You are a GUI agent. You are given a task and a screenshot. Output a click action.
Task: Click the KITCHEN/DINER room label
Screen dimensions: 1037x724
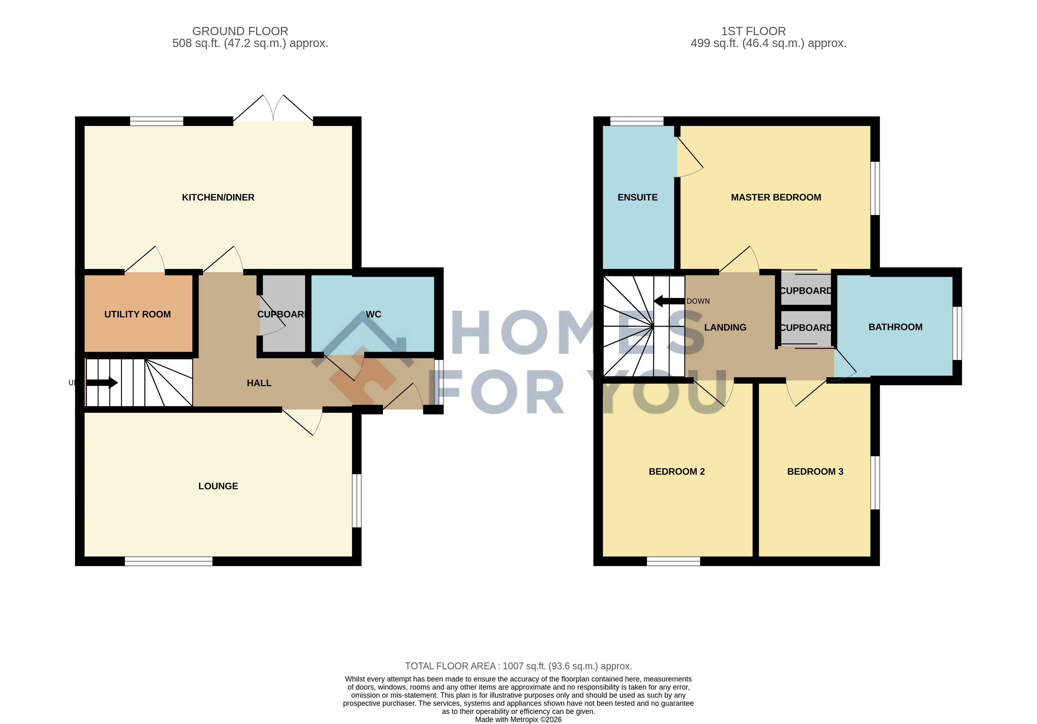(218, 198)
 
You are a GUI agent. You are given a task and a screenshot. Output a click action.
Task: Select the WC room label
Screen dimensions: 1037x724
(373, 315)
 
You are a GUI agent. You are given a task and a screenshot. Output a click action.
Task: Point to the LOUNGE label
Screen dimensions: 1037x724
(218, 486)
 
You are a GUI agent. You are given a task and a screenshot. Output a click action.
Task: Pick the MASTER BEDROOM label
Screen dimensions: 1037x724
(776, 198)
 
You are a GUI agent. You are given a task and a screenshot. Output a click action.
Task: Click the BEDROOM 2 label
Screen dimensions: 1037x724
(677, 472)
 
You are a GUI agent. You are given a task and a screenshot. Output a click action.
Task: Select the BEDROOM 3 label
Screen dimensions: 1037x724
(815, 472)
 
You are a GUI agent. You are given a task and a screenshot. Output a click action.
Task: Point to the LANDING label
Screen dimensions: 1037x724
(725, 328)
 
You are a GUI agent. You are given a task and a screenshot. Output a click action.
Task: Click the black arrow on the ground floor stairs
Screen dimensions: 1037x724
(102, 383)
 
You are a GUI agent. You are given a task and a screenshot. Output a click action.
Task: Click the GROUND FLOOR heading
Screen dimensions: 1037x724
(240, 31)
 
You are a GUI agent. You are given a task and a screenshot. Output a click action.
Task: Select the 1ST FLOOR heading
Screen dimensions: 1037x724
(753, 31)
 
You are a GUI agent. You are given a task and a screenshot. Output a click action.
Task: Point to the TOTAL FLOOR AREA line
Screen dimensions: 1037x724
(519, 666)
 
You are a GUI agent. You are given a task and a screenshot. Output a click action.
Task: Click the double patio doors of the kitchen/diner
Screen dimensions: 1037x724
(273, 109)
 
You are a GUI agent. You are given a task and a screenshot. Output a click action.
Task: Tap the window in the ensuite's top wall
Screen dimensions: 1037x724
(637, 121)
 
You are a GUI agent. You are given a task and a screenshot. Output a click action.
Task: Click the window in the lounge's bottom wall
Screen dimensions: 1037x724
(169, 561)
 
